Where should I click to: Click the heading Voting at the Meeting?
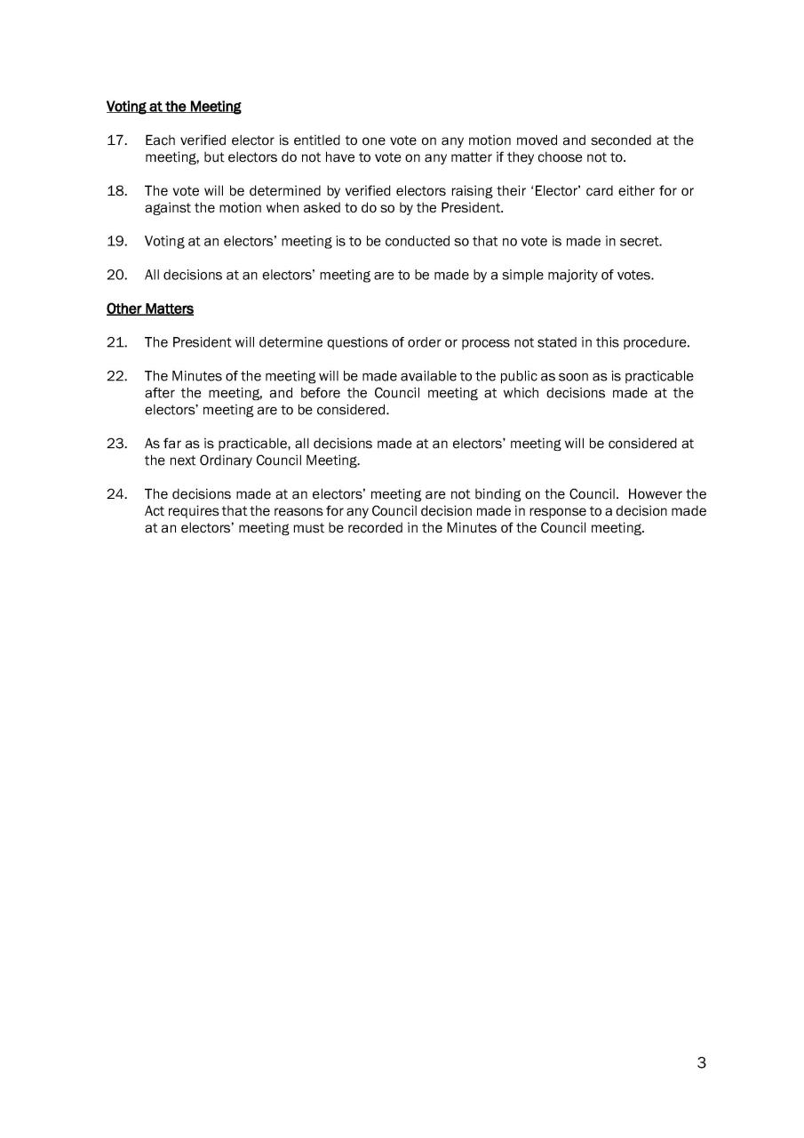point(173,107)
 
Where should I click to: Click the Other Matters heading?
point(149,309)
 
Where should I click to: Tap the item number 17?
point(117,140)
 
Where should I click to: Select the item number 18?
point(117,191)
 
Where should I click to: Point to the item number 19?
point(117,241)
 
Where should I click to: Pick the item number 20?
point(117,275)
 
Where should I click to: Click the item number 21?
point(117,342)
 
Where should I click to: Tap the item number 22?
point(117,376)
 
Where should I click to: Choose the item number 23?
point(117,443)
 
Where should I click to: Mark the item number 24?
point(117,494)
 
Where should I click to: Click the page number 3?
point(701,1062)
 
